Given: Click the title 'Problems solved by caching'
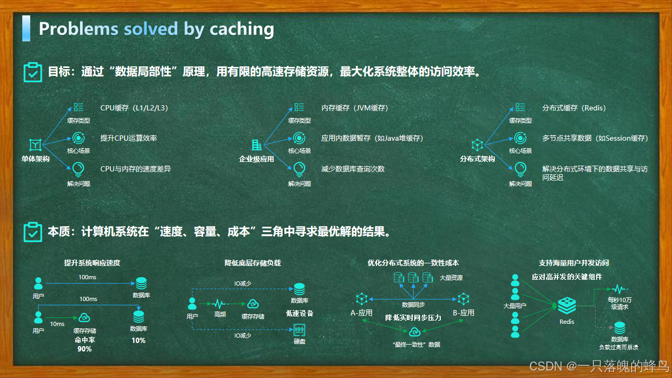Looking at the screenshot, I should pos(156,29).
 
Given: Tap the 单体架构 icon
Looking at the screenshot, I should pos(35,144).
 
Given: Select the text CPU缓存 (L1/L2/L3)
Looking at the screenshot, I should pos(134,108).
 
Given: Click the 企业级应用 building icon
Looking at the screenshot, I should pos(256,144).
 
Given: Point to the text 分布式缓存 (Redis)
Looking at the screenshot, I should pos(574,108).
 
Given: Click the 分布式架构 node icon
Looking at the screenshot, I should pos(477,144).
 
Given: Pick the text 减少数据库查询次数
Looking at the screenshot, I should pos(353,169).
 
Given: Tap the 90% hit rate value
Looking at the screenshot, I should pos(84,349).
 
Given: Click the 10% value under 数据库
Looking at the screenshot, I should pos(138,340).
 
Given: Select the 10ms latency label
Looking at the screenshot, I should pos(57,324).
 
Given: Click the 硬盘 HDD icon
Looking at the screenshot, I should pos(300,330).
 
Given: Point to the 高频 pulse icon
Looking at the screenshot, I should pos(220,304).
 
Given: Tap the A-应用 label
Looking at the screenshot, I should pos(361,313).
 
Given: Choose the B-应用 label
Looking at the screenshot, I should pos(464,313).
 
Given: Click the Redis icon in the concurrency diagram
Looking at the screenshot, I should pos(566,306).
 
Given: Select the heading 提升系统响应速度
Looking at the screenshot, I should pos(92,263).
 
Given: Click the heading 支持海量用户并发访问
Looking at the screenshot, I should pos(574,263).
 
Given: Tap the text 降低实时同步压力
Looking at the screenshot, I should pos(413,318).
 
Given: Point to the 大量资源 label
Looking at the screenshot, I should pos(451,278).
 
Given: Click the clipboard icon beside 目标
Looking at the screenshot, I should pos(33,72).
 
